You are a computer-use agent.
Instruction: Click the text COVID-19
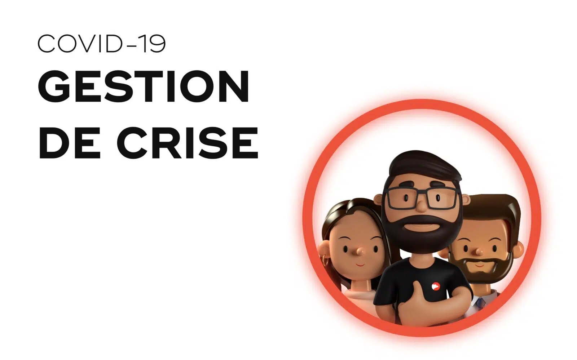pos(102,44)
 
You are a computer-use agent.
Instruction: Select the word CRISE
pos(188,143)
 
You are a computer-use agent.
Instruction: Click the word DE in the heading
pos(70,143)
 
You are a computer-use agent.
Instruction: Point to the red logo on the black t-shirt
pos(435,286)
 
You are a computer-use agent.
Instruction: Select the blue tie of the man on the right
pos(480,302)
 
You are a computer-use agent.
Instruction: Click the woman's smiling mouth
pos(360,265)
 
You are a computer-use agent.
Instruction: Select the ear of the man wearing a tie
pos(518,250)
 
